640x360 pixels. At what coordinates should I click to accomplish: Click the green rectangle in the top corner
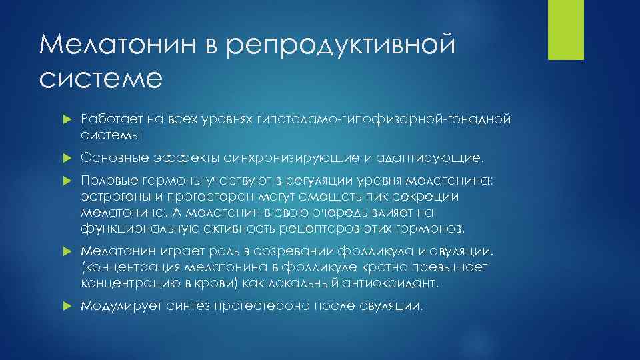[x=565, y=29]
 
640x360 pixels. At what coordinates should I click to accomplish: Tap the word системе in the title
[x=101, y=78]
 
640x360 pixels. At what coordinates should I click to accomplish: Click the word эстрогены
[x=111, y=197]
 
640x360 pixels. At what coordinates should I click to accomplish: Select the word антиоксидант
[x=396, y=283]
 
